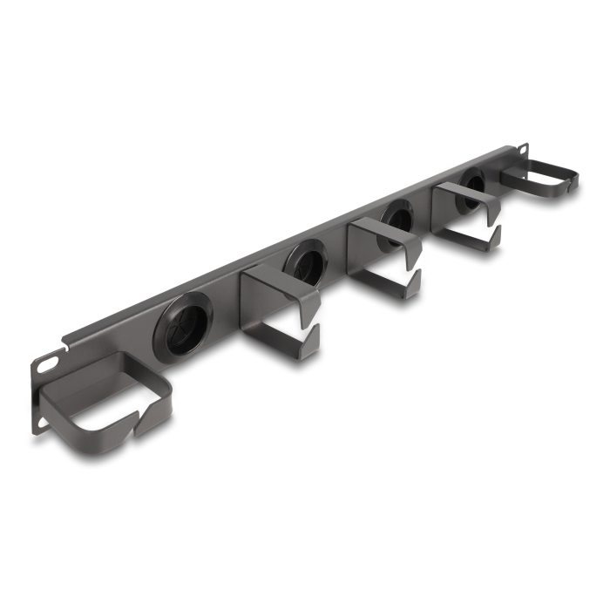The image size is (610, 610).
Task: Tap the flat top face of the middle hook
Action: [383, 231]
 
